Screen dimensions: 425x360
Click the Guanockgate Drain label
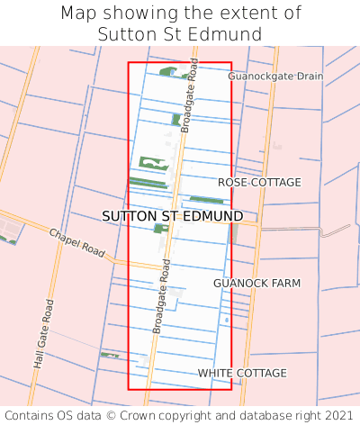pyautogui.click(x=274, y=77)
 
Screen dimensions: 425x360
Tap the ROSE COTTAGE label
pyautogui.click(x=259, y=183)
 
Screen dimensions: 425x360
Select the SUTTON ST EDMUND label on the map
pyautogui.click(x=172, y=217)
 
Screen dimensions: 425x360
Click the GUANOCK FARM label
pyautogui.click(x=256, y=284)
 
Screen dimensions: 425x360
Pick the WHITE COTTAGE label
pyautogui.click(x=242, y=373)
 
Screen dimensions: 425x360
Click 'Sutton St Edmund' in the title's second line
pyautogui.click(x=180, y=34)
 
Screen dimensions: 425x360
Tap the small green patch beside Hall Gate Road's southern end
pyautogui.click(x=110, y=356)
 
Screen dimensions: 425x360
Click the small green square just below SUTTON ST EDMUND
pyautogui.click(x=160, y=229)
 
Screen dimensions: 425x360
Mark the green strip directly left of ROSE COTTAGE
pyautogui.click(x=206, y=200)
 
